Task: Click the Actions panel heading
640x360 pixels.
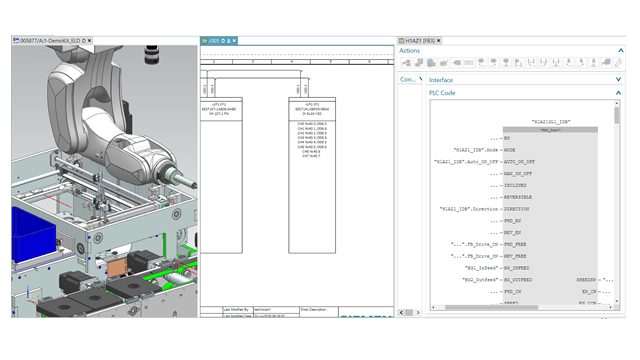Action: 410,51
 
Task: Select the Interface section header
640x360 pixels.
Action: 441,80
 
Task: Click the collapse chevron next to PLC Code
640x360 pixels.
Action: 617,93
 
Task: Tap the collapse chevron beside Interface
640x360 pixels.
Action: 617,80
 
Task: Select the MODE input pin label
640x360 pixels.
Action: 514,148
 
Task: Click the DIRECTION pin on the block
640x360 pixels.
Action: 521,209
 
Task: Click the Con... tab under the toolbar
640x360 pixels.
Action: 408,79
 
